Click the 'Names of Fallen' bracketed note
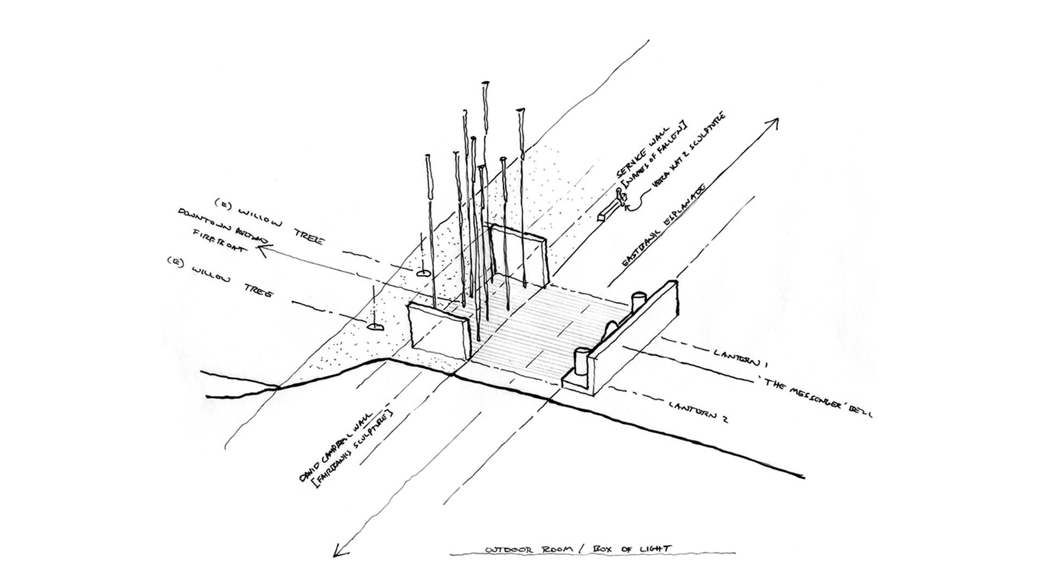[x=654, y=156]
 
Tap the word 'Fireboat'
[x=217, y=241]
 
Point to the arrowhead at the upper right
[x=775, y=123]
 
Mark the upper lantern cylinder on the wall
[x=637, y=302]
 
